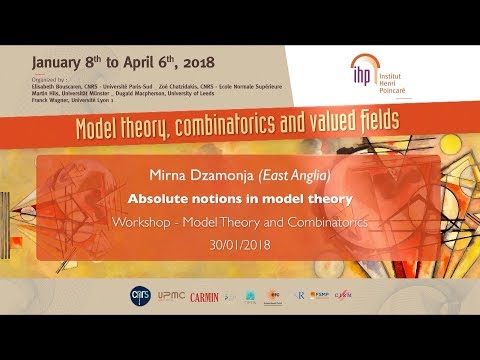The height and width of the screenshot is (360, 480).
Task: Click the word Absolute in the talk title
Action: pos(178,197)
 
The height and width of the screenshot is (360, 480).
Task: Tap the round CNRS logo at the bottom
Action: pos(142,296)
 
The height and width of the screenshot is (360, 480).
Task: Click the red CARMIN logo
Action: pos(205,296)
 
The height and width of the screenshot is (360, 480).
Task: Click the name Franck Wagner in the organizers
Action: pos(52,101)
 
